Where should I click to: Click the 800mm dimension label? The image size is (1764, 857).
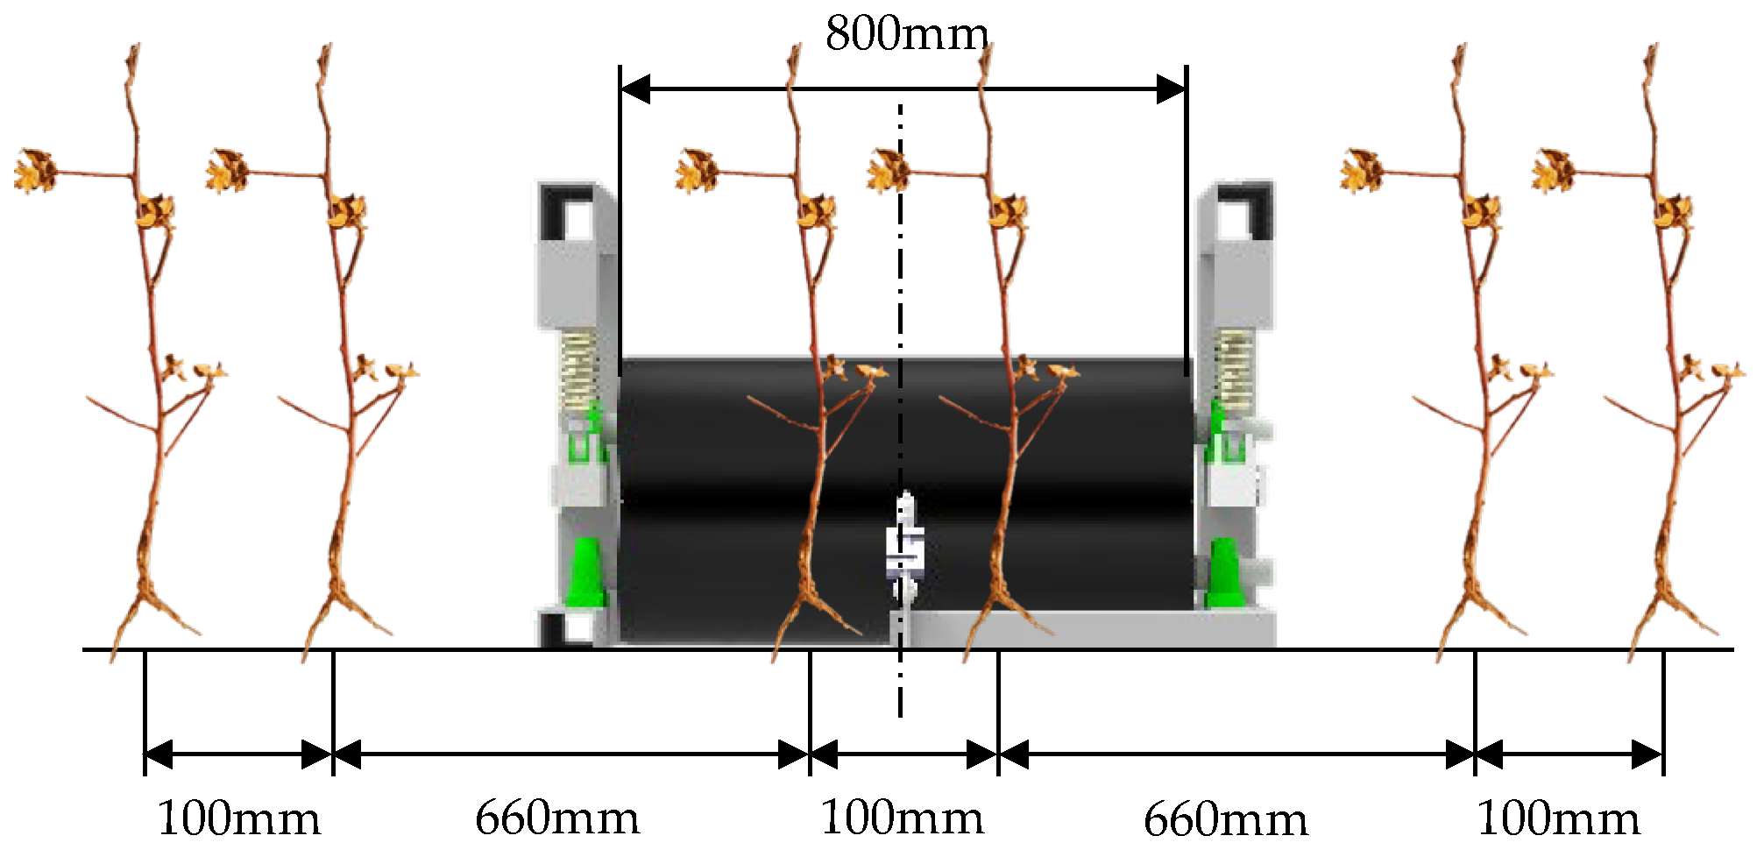[x=908, y=35]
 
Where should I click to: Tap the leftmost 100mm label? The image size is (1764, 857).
[x=238, y=820]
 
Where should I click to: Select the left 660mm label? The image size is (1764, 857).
[x=557, y=818]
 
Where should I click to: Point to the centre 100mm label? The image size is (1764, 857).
[x=902, y=818]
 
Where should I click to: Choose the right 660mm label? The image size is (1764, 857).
[x=1226, y=820]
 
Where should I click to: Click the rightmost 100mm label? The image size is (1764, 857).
[x=1559, y=820]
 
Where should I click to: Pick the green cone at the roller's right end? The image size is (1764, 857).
[x=1223, y=574]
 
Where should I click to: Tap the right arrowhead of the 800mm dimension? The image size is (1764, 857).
[x=1172, y=89]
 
